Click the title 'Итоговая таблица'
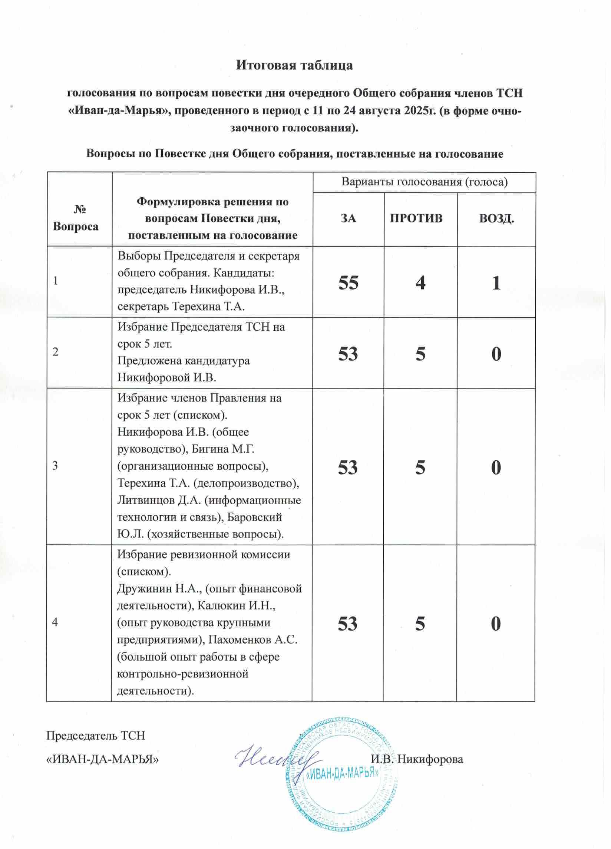294,65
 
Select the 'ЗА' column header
348,218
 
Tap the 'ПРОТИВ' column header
416,218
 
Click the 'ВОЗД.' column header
496,218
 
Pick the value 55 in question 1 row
348,282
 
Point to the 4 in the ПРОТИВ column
421,282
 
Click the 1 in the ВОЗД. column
496,282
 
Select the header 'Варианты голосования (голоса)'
424,182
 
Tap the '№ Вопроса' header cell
76,218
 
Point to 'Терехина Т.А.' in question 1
208,307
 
